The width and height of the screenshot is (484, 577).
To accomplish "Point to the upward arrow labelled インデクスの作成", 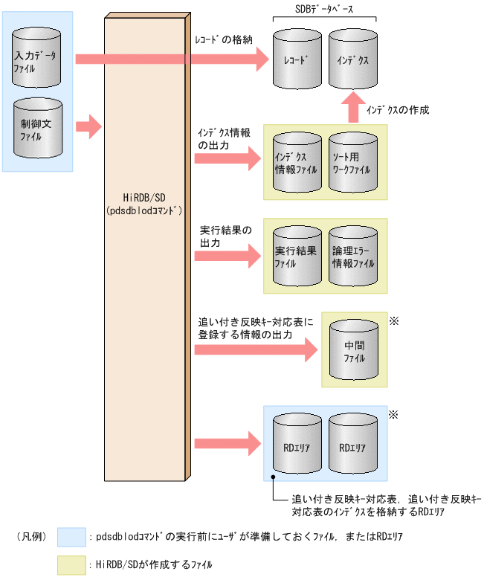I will pos(354,108).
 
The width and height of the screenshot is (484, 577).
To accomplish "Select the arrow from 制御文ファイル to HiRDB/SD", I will pos(88,126).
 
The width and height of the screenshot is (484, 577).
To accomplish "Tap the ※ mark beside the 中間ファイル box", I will pos(394,320).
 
